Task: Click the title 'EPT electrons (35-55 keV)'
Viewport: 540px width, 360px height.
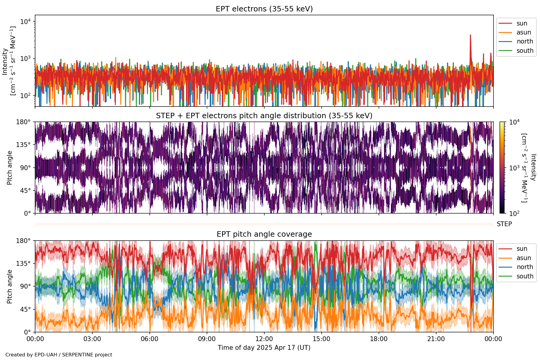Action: [x=264, y=9]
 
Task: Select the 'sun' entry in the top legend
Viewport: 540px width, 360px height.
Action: [x=522, y=23]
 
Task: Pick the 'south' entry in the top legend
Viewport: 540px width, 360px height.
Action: [x=525, y=51]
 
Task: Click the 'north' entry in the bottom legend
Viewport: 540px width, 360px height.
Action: [x=525, y=267]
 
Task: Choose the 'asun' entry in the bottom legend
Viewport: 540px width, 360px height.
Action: [x=523, y=258]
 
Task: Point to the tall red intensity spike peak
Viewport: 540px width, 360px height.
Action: [x=470, y=35]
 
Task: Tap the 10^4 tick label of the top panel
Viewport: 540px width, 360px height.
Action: [x=25, y=22]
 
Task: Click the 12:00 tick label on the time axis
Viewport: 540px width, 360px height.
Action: [x=264, y=339]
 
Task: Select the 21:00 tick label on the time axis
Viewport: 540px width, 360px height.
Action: [x=436, y=339]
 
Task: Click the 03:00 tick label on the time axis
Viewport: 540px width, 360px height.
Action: [x=92, y=339]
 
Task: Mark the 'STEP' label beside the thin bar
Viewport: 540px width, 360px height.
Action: [x=504, y=224]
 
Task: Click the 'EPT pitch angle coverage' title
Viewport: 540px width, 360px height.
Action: [x=264, y=234]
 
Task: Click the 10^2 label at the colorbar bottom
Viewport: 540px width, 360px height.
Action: [x=514, y=214]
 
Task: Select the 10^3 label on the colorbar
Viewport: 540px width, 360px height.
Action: [x=514, y=168]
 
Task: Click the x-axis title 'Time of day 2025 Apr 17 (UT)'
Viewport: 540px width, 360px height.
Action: [x=264, y=348]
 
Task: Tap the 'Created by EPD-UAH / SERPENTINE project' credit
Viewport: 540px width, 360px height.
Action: [x=59, y=355]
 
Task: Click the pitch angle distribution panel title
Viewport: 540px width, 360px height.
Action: [x=264, y=116]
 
